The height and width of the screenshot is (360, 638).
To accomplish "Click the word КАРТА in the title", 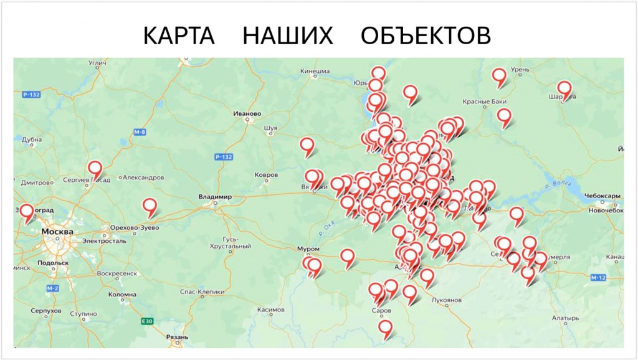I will pyautogui.click(x=179, y=36).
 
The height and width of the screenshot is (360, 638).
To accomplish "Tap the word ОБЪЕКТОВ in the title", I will pyautogui.click(x=426, y=36).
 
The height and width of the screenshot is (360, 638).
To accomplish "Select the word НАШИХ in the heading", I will pyautogui.click(x=288, y=36).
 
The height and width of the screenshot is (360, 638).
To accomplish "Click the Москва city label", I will pyautogui.click(x=57, y=232).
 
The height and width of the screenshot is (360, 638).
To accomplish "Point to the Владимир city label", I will pyautogui.click(x=215, y=197).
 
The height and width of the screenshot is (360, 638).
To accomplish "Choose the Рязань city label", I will pyautogui.click(x=177, y=337).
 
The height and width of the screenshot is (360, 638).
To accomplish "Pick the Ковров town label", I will pyautogui.click(x=267, y=175).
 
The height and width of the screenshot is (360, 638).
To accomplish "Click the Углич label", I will pyautogui.click(x=98, y=62).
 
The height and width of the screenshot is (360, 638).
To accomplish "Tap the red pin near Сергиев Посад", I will pyautogui.click(x=95, y=168).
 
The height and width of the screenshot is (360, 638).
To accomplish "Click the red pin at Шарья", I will pyautogui.click(x=564, y=88).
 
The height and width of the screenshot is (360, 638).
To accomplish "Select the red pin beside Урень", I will pyautogui.click(x=499, y=76).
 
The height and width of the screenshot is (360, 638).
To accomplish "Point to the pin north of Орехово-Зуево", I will pyautogui.click(x=150, y=206).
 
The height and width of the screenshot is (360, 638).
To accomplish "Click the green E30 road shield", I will pyautogui.click(x=146, y=321).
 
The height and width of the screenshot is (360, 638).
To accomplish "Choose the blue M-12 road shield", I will pyautogui.click(x=599, y=277).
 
